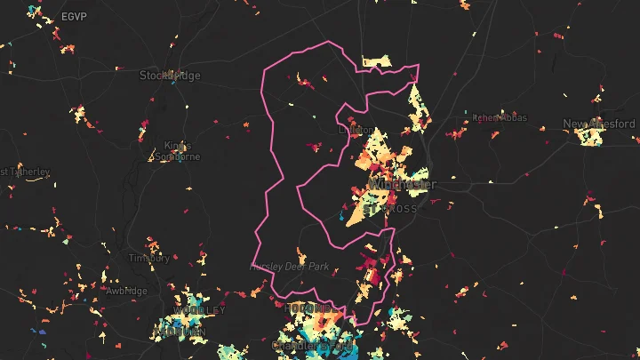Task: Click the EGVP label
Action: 74,17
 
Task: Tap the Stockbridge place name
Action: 170,76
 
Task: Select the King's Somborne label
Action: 178,151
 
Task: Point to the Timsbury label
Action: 148,258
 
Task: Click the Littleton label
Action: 357,130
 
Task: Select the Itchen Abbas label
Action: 501,117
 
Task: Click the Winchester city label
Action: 402,184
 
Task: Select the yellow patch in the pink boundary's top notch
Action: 375,62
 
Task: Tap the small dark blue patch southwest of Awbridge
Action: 40,331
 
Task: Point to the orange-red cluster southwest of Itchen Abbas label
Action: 456,134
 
